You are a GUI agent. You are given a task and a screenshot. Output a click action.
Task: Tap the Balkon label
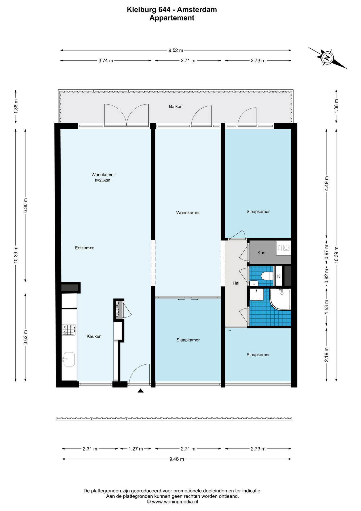coord(176,106)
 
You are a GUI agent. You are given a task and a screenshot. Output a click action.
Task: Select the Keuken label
coord(94,336)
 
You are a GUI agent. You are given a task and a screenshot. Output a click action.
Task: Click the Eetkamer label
coord(84,248)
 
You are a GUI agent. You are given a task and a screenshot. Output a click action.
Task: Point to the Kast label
coord(262,253)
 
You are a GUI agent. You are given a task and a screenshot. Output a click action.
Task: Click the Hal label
coord(236,283)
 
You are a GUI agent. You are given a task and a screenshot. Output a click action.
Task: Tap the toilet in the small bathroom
coord(267,276)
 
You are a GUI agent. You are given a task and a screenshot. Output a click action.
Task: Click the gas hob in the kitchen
coord(69,330)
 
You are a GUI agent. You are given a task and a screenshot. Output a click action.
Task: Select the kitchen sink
coord(69,359)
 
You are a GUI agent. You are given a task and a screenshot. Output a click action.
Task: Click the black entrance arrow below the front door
coord(141,391)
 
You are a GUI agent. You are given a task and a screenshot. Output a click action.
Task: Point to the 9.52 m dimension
coord(176,50)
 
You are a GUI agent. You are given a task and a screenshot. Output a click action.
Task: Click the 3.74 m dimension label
coord(106,61)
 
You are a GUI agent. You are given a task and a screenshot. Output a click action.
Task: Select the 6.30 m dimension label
coord(26,205)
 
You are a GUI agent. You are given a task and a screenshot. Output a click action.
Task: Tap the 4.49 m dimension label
coord(327,183)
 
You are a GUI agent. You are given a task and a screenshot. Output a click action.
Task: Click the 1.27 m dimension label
coord(136,449)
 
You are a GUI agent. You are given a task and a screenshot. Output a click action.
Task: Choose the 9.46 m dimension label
coord(177,459)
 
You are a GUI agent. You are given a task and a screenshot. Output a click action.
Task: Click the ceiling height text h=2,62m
coord(103,180)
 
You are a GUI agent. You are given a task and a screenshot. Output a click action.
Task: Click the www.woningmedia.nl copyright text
coord(173,502)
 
